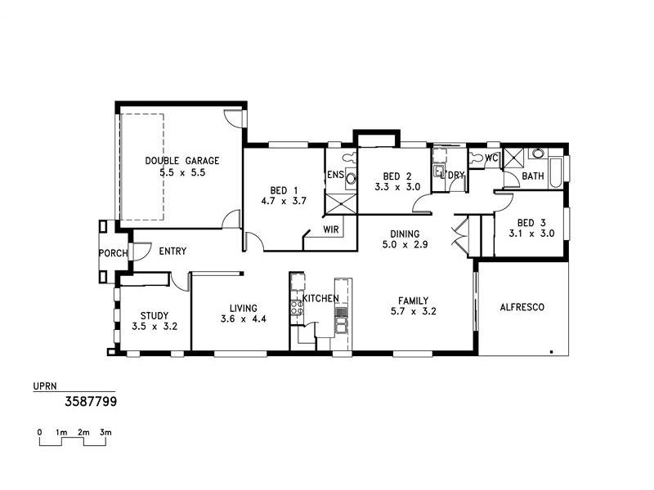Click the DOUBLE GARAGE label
(x=181, y=161)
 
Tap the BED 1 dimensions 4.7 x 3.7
(x=283, y=200)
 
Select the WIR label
(x=331, y=229)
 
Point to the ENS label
(x=335, y=175)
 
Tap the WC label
(x=492, y=158)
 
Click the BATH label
(x=533, y=176)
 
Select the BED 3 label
(x=531, y=222)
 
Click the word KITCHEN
(x=320, y=299)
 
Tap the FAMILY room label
(x=412, y=301)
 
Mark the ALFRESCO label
(x=522, y=307)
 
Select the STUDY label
(x=154, y=315)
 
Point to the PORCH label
(x=113, y=253)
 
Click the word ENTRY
(x=172, y=252)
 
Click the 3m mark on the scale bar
(x=105, y=431)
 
